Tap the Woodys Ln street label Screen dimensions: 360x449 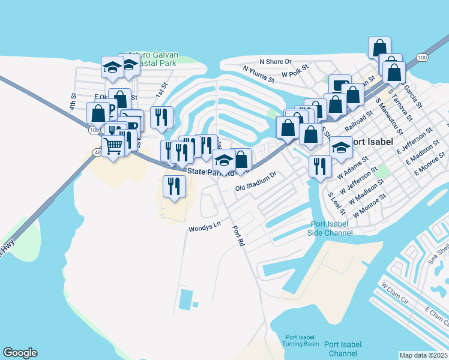pos(205,229)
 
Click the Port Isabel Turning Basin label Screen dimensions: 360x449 pos(291,340)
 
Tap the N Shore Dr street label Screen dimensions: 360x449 pos(275,62)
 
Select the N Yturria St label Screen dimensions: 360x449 pos(259,74)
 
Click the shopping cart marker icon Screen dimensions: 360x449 pos(113,145)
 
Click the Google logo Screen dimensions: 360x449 pos(20,353)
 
